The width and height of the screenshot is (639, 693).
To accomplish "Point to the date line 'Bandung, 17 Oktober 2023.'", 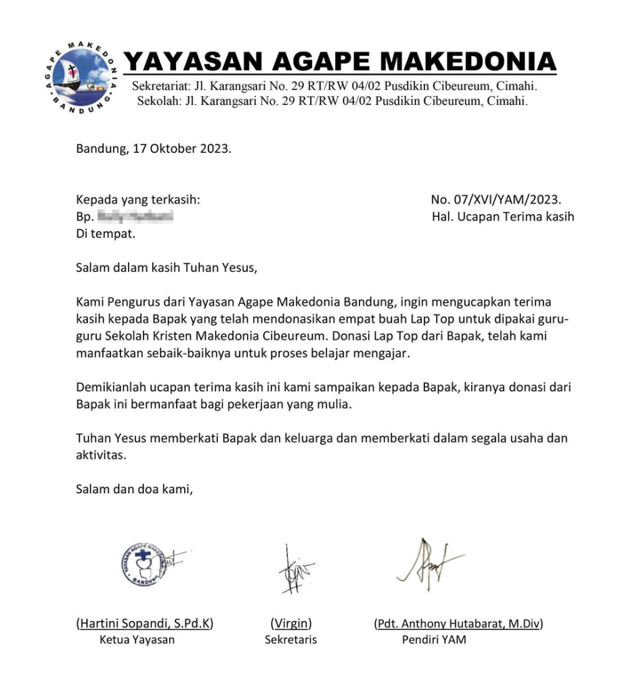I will pos(154,149).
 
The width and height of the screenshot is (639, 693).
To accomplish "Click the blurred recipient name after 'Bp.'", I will pos(135,217).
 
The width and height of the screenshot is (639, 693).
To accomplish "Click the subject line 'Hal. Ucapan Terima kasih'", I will pos(502,217).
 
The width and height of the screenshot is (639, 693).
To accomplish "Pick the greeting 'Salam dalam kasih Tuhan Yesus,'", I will pos(167,267).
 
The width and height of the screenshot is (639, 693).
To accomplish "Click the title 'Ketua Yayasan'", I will pos(137,640).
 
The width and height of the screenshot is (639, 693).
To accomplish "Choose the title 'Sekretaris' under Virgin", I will pos(290,640).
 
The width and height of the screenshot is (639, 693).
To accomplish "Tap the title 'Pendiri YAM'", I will pos(434,640).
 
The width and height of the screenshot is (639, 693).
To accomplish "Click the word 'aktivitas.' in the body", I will pos(101,455).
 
